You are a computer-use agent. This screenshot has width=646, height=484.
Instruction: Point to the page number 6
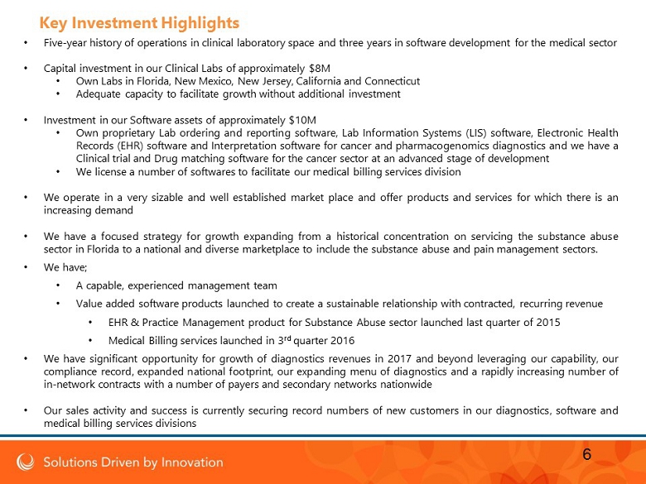pyautogui.click(x=586, y=454)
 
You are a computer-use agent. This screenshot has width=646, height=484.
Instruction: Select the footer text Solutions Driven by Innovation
pyautogui.click(x=133, y=462)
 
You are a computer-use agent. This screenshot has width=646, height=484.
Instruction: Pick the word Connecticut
pyautogui.click(x=393, y=81)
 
